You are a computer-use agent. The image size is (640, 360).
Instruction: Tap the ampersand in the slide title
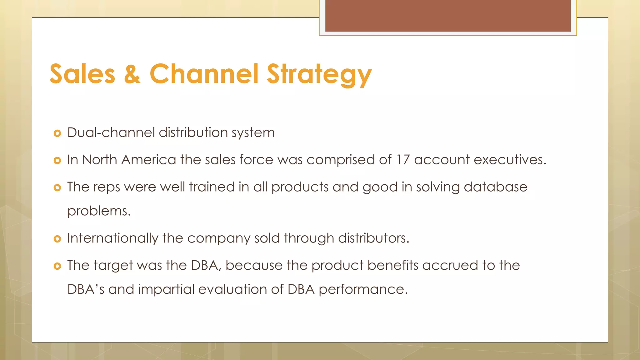point(132,74)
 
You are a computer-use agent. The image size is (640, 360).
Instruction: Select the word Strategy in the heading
point(319,74)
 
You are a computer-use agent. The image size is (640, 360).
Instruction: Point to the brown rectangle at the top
point(448,16)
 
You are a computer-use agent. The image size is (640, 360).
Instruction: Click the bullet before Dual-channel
point(57,133)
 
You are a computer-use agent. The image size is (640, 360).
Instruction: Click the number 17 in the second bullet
point(403,160)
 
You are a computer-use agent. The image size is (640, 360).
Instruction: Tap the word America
point(148,160)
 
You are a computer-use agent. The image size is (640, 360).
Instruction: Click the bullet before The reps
point(57,188)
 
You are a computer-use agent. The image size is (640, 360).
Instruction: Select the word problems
point(99,211)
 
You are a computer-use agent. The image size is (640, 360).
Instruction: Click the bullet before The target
point(57,266)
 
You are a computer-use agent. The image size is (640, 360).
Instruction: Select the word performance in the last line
point(363,290)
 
